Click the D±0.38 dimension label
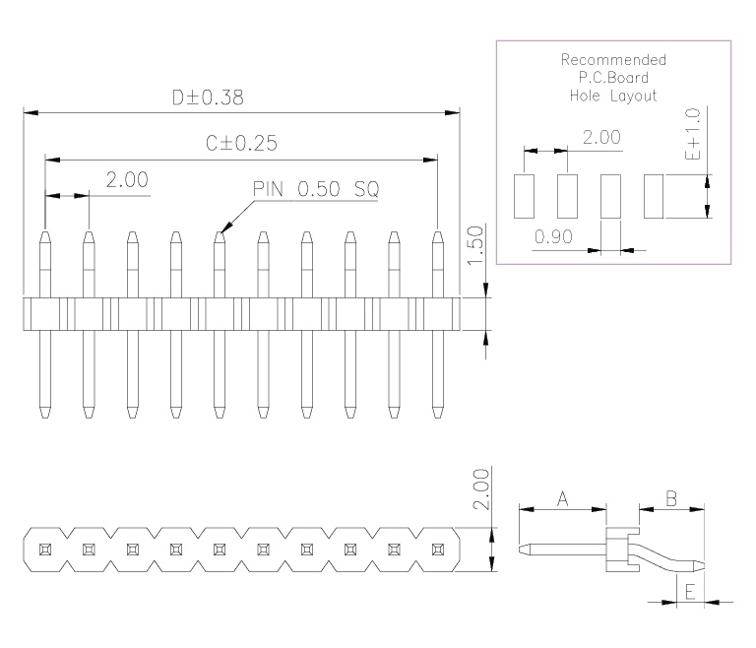pos(207,97)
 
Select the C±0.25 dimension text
pos(241,143)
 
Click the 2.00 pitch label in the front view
pos(127,179)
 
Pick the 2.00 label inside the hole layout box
pos(601,137)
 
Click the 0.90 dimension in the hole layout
pos(554,236)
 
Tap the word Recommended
pos(612,60)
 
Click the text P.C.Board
pos(612,78)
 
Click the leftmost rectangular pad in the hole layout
pos(523,196)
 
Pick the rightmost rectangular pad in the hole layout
pos(654,196)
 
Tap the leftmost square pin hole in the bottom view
pos(44,548)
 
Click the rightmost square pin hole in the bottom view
pos(436,548)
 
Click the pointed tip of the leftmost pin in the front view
pos(44,234)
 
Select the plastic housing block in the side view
pos(616,550)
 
